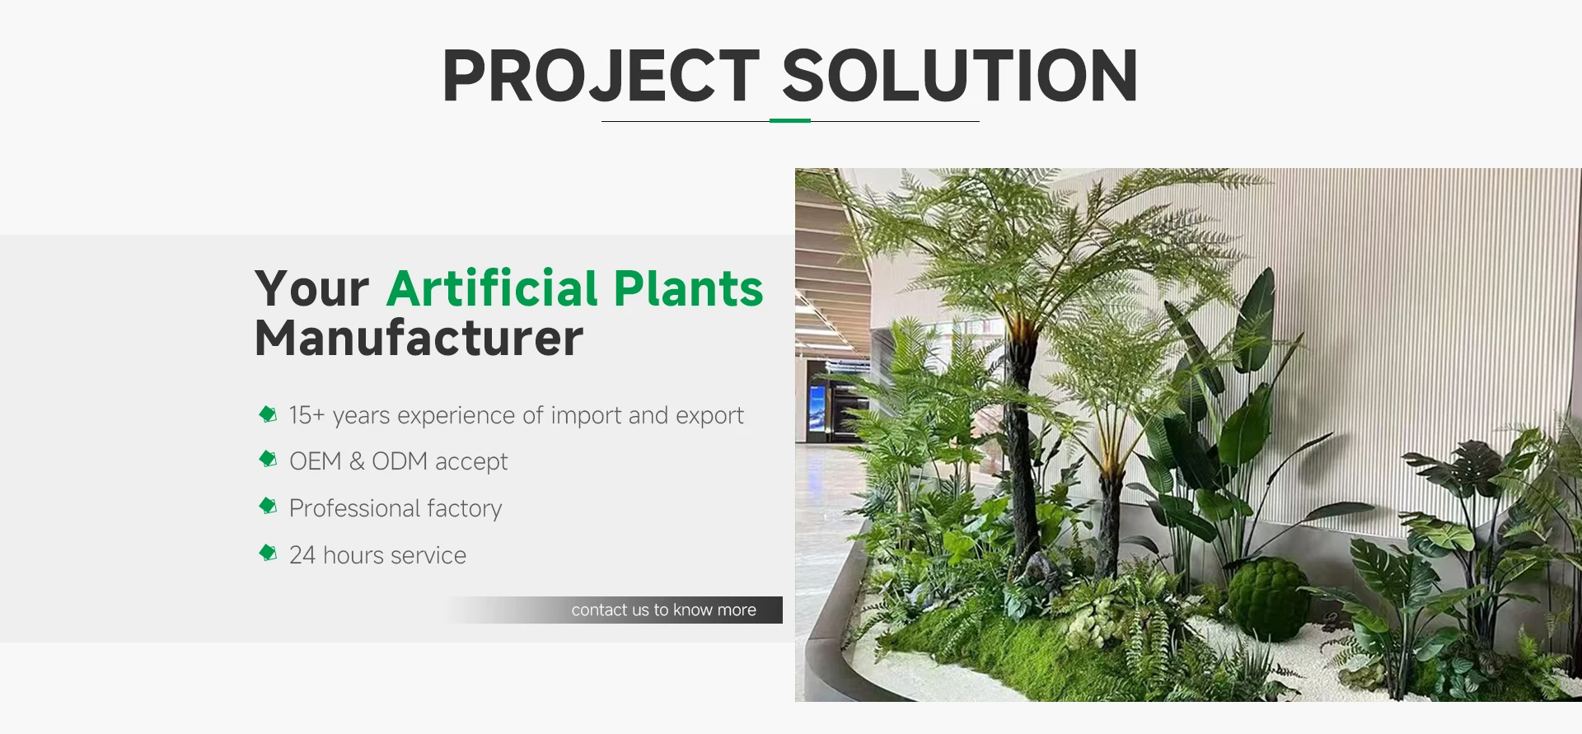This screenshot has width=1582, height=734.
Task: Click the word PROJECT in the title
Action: point(601,76)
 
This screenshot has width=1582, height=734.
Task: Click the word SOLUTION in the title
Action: point(960,76)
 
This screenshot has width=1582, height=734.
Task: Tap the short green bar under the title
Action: point(790,120)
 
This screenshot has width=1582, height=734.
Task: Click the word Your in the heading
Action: point(311,289)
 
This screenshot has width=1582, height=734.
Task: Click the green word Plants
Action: point(689,288)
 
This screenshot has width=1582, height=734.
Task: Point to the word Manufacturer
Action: point(419,339)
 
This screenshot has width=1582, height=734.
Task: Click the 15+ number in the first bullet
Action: point(307,415)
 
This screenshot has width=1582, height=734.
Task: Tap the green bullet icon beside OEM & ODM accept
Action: point(268,459)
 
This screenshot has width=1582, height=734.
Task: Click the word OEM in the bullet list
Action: point(315,461)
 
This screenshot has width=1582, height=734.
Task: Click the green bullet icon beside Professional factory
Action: point(268,506)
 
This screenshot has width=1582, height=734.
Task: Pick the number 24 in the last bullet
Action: point(302,555)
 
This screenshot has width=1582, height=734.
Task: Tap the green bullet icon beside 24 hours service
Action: point(268,553)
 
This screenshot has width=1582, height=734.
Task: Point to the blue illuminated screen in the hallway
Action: point(817,409)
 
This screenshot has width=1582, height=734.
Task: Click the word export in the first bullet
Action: point(709,416)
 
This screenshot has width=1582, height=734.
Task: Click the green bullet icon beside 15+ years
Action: point(268,414)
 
